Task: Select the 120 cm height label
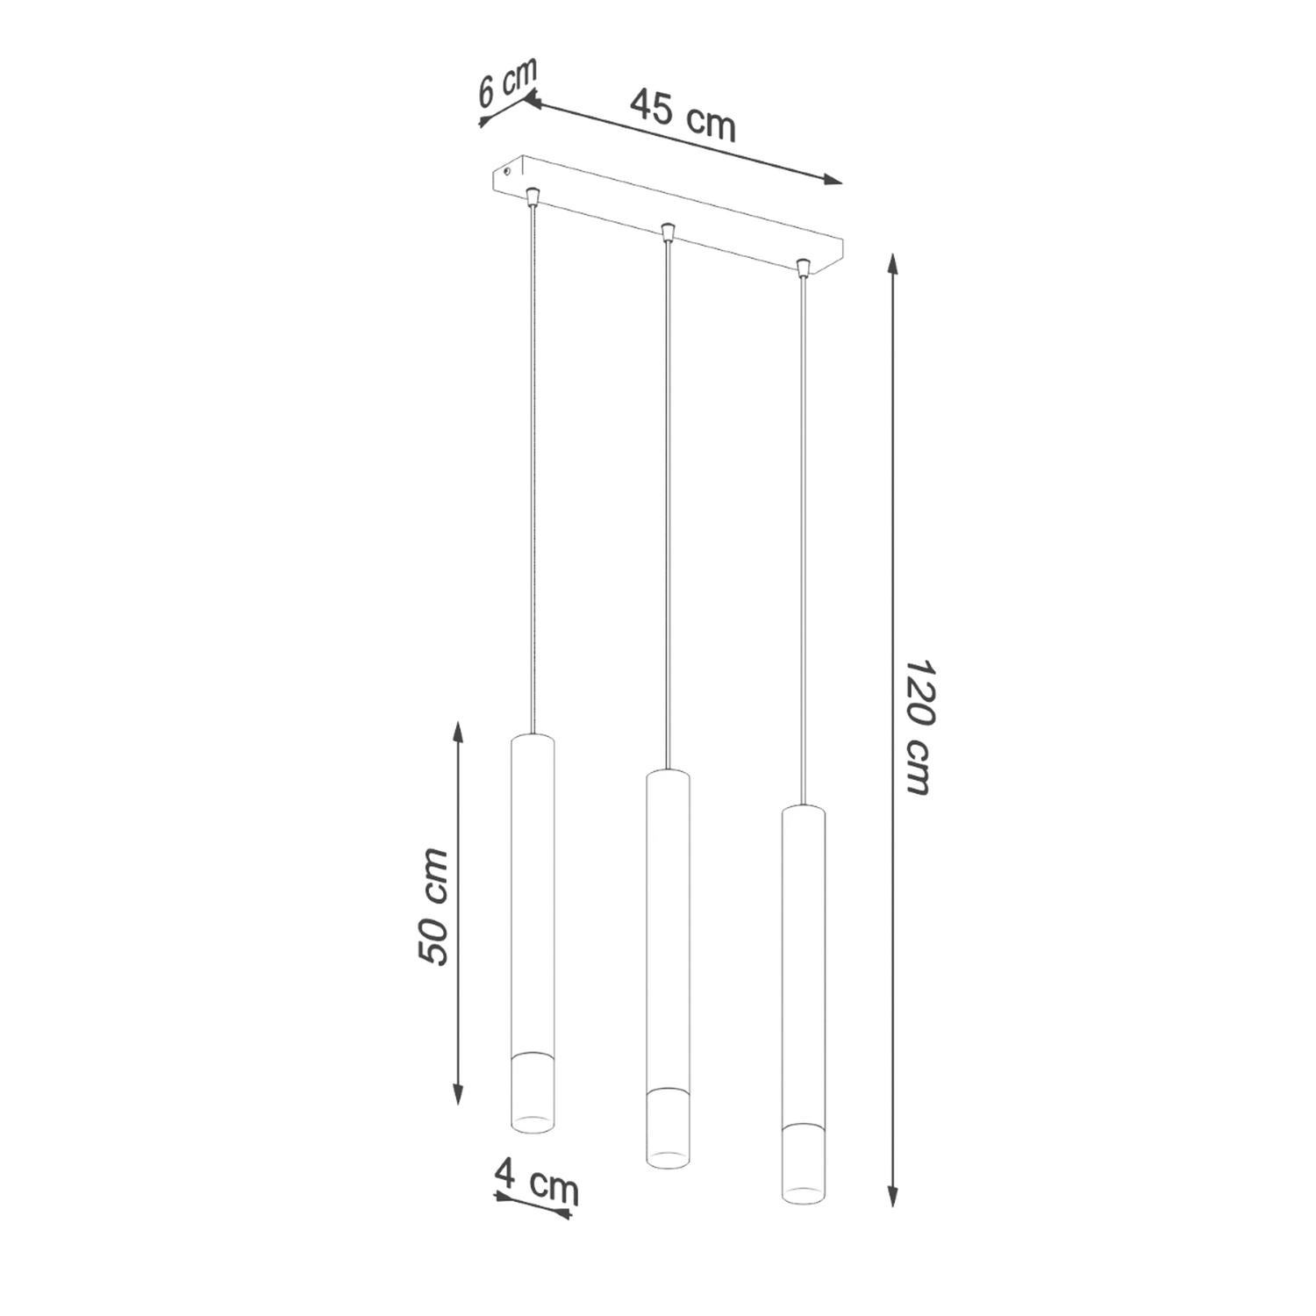tap(918, 728)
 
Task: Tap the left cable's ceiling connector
tap(531, 194)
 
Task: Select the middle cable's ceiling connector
tap(668, 232)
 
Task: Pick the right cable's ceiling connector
tap(802, 266)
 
